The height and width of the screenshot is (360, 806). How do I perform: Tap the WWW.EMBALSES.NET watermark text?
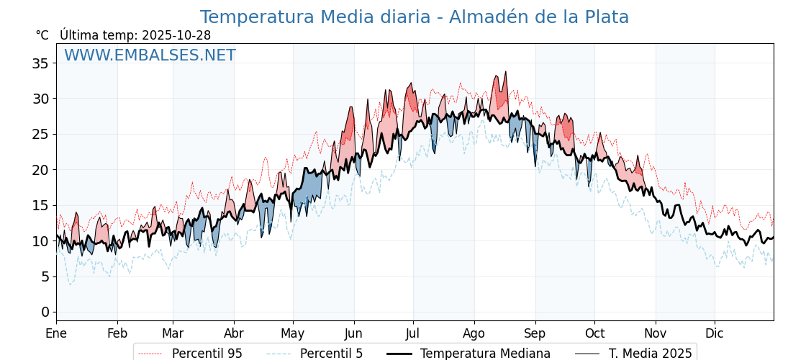click(x=150, y=55)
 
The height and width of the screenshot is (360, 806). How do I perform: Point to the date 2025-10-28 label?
click(x=176, y=35)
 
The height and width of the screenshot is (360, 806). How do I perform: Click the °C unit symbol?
click(x=42, y=35)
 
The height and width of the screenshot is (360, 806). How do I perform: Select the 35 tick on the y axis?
click(x=40, y=63)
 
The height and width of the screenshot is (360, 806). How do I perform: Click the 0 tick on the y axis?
click(x=45, y=312)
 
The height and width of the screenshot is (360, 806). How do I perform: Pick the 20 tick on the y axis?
click(x=40, y=170)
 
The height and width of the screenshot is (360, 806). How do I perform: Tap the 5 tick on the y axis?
click(x=45, y=276)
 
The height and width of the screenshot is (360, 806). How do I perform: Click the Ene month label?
click(x=56, y=333)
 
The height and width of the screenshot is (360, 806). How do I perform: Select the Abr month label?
click(x=234, y=333)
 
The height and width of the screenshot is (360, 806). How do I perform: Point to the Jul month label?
click(x=413, y=333)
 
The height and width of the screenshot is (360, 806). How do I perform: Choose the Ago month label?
click(x=474, y=333)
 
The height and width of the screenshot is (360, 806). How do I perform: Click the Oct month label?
click(x=594, y=333)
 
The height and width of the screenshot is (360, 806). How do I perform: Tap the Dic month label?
click(x=715, y=333)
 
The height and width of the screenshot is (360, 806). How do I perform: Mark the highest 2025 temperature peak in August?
click(x=506, y=72)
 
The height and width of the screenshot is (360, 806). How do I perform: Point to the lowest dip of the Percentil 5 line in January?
click(x=70, y=284)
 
